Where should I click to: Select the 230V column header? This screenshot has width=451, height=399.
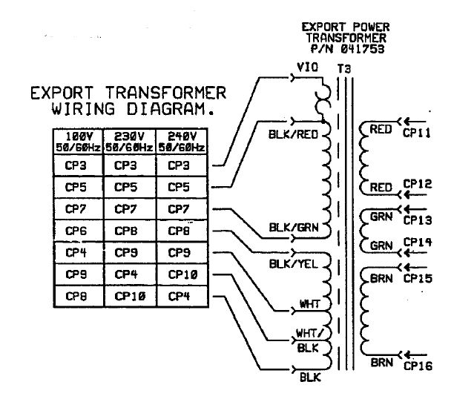128,142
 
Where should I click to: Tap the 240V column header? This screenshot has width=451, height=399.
181,142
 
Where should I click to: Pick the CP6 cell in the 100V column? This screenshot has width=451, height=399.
77,231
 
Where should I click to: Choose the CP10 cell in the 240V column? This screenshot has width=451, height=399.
181,274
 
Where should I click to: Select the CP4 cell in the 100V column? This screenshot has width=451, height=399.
77,252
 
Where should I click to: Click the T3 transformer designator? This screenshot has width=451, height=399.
343,68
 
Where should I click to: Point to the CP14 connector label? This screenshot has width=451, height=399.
417,243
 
